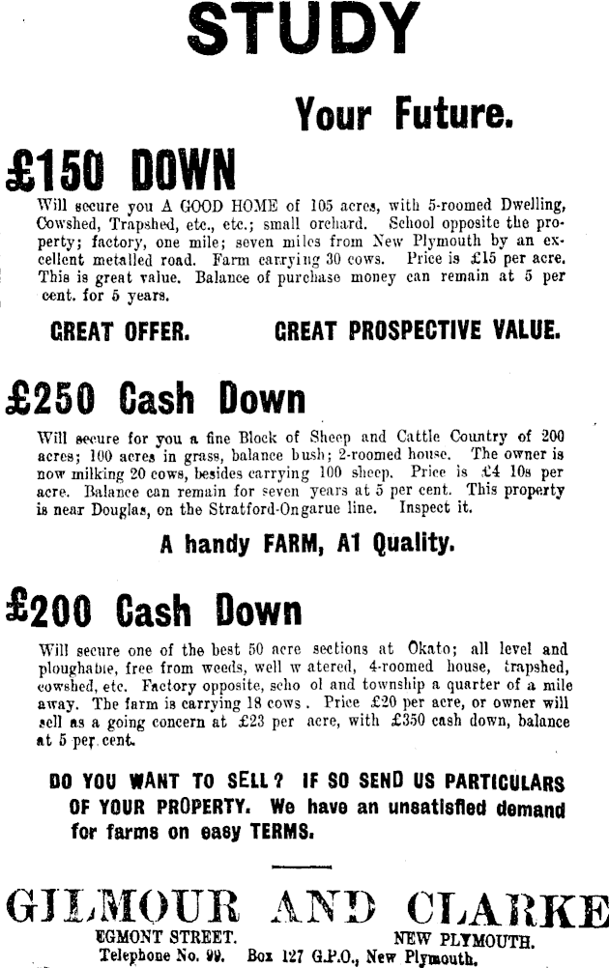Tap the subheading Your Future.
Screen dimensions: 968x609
tap(402, 115)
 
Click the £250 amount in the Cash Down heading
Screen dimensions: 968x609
tap(51, 397)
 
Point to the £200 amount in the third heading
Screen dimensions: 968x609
tap(49, 611)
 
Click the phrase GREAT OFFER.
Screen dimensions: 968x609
tap(120, 331)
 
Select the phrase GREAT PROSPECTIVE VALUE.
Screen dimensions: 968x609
tap(418, 331)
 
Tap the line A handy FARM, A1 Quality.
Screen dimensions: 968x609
tap(306, 543)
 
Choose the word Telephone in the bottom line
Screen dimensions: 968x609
tap(138, 956)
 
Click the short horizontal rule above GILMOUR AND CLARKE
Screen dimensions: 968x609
tap(302, 868)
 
